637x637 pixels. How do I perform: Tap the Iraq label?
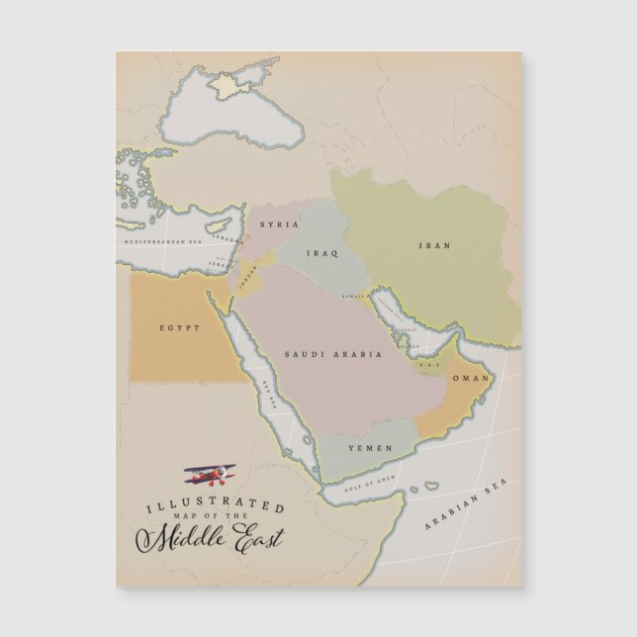(322, 254)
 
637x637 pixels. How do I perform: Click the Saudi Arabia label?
(321, 354)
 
